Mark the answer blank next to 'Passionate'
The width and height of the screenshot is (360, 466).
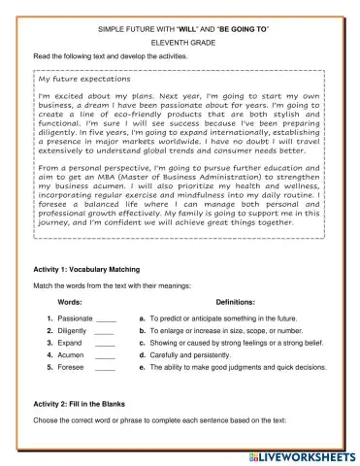(107, 319)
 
